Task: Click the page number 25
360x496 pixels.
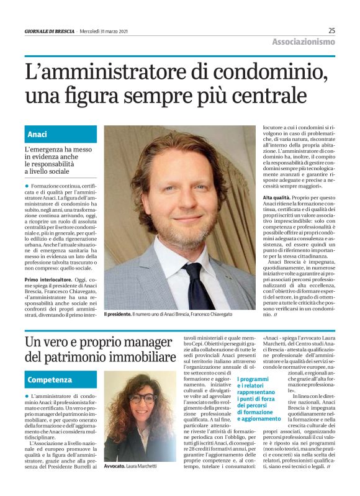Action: [x=331, y=30]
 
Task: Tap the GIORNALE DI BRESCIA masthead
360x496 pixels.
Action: [x=50, y=31]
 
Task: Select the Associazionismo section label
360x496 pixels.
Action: [x=303, y=42]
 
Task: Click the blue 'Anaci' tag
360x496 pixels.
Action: [x=37, y=134]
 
